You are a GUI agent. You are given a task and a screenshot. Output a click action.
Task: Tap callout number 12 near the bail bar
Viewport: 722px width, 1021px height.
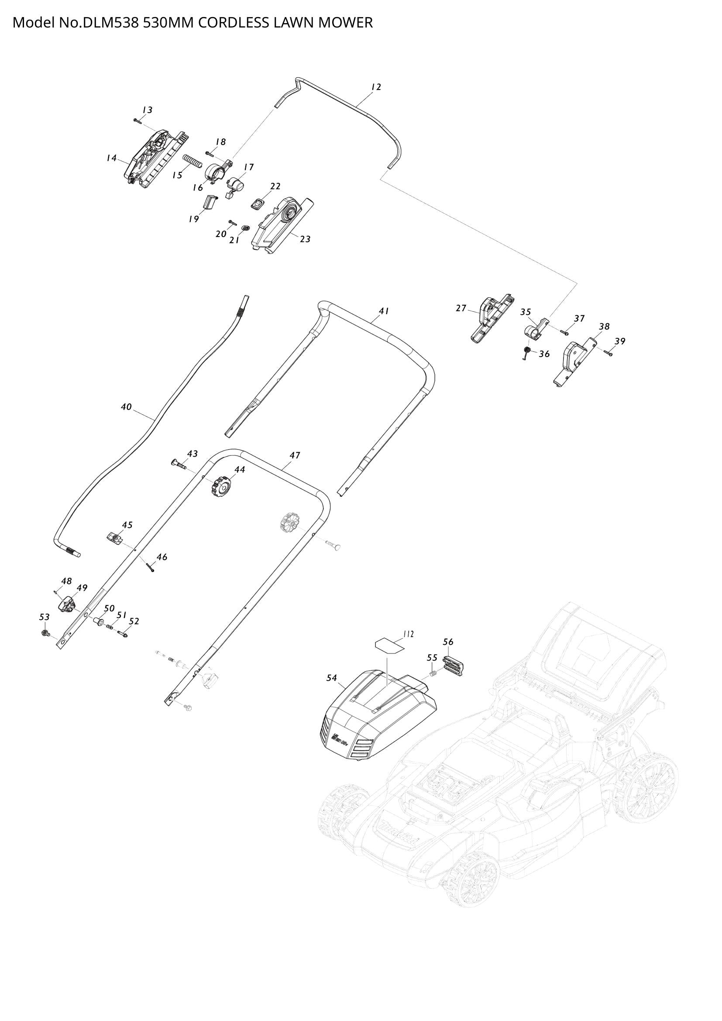click(376, 87)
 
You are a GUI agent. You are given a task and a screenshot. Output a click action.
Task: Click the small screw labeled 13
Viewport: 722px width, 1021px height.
click(137, 120)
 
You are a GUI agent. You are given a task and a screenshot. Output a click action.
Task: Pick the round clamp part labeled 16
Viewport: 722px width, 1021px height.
click(216, 171)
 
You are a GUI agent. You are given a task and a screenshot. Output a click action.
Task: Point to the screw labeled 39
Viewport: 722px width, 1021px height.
click(608, 353)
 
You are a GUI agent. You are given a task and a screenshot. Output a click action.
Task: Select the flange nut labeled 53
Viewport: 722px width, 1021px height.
click(45, 633)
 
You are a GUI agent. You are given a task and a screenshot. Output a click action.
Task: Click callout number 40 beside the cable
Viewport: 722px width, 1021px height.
click(126, 406)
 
